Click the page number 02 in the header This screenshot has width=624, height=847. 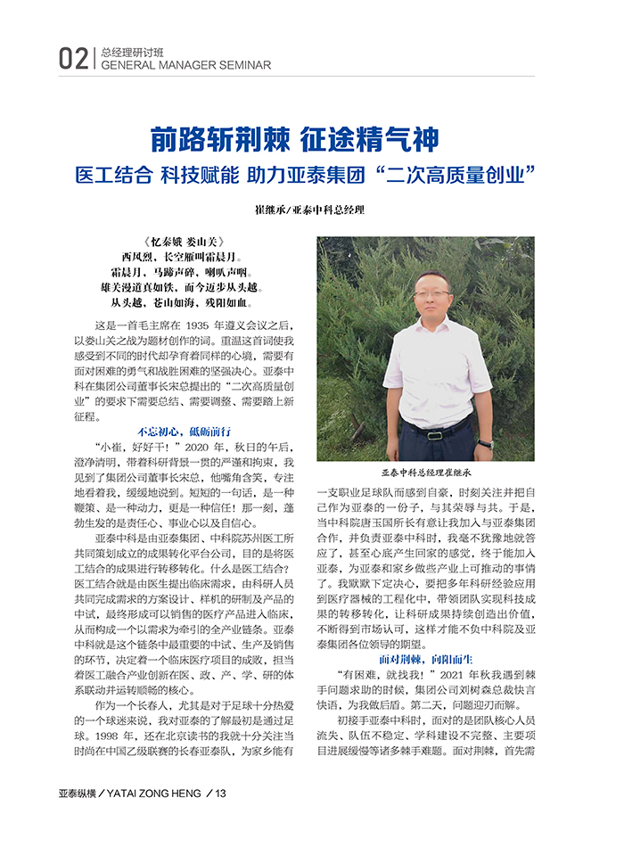(x=73, y=59)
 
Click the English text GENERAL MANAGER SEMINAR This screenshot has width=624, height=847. (x=186, y=65)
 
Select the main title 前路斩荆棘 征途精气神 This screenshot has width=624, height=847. (x=294, y=139)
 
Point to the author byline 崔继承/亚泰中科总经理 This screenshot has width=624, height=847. (x=310, y=211)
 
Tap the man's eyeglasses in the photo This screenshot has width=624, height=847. (x=434, y=293)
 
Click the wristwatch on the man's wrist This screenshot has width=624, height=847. (x=484, y=443)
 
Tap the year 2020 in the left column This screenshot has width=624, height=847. (x=201, y=446)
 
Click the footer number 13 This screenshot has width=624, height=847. (x=221, y=818)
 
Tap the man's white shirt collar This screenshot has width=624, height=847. (x=435, y=326)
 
